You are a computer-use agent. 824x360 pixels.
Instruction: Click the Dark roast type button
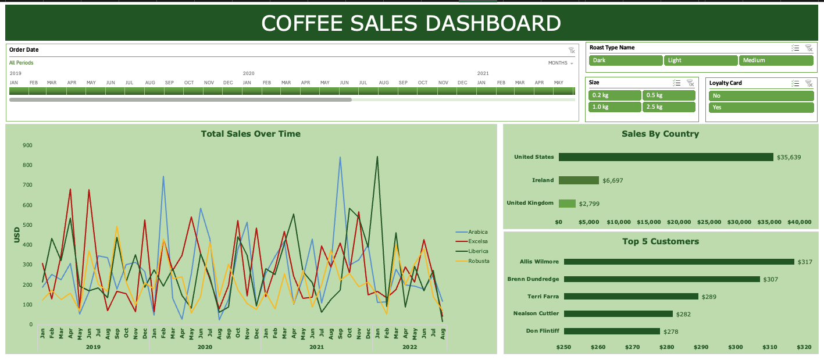click(625, 60)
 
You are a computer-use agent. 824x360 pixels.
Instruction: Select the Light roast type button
click(701, 60)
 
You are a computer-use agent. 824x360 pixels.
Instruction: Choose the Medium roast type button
click(776, 60)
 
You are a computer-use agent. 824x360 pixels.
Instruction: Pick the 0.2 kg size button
click(614, 95)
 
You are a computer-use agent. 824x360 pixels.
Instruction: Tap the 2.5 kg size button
click(669, 107)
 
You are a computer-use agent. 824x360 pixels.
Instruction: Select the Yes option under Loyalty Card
click(761, 108)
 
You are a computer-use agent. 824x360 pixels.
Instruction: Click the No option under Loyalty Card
click(761, 96)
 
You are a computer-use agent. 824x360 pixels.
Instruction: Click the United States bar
click(665, 157)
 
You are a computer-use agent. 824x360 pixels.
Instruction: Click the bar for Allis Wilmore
click(678, 262)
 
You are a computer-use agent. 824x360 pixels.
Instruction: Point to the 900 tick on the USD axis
click(27, 145)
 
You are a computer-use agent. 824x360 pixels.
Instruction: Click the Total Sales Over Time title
click(251, 134)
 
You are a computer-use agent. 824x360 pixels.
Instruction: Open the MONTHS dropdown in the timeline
click(561, 63)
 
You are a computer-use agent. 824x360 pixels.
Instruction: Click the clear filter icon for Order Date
click(571, 51)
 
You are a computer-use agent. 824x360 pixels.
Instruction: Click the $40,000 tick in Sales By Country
click(800, 222)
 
